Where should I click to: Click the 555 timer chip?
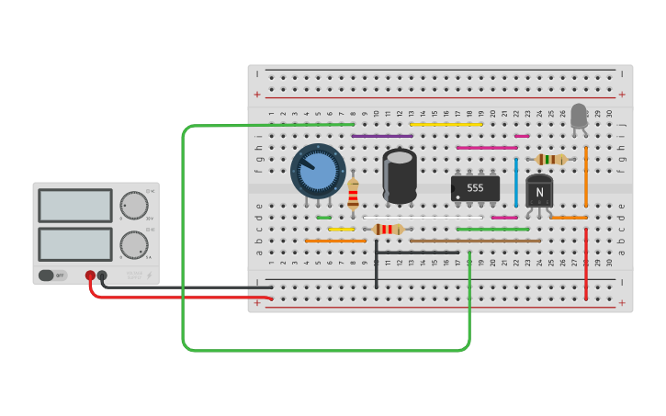click(x=475, y=188)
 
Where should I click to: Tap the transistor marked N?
click(x=539, y=191)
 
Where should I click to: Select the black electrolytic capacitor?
click(x=400, y=176)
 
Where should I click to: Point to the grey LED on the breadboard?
click(x=579, y=117)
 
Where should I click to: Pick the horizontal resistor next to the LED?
click(x=551, y=159)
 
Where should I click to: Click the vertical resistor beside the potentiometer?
click(x=353, y=195)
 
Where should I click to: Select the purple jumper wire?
click(x=382, y=136)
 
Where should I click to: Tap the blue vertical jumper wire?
click(x=516, y=182)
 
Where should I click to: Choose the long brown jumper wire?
click(x=475, y=241)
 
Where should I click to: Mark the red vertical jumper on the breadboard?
click(x=586, y=264)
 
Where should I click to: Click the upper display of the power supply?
click(x=75, y=206)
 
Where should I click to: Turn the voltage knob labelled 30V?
click(x=134, y=205)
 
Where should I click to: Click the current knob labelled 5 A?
click(x=134, y=244)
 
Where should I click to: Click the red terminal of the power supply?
click(x=90, y=275)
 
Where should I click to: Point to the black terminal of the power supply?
click(x=102, y=275)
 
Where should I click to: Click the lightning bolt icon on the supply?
click(x=150, y=275)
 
